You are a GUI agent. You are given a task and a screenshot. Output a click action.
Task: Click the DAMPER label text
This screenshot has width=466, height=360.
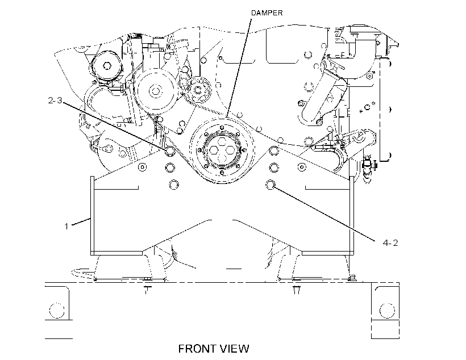point(267,12)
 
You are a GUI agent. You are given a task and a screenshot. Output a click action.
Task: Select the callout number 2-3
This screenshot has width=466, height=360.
point(55,101)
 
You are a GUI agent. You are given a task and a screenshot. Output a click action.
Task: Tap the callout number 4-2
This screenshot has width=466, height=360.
point(390,243)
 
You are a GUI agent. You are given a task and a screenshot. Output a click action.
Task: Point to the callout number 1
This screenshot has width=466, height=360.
point(66,227)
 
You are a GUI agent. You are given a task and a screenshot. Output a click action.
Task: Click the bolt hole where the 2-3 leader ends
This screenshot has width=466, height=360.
point(170,150)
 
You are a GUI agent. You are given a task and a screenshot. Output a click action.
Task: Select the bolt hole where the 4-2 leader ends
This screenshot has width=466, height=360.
point(270,185)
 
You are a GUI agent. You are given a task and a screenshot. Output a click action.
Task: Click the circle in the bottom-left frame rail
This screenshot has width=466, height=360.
point(56,311)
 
